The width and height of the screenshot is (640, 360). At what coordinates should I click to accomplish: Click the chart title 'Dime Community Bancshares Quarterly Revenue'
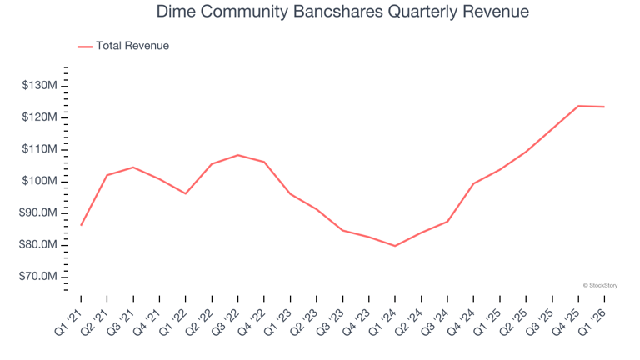320,12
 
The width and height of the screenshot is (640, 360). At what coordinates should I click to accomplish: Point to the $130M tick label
39,86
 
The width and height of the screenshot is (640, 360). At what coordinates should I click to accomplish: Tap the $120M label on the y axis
39,117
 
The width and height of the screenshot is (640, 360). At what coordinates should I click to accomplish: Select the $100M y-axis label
39,181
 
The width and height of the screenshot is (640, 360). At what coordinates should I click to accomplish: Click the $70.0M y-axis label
39,277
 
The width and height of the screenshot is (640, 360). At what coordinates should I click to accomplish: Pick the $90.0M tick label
39,213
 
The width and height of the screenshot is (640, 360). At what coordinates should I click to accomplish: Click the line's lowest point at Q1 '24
395,246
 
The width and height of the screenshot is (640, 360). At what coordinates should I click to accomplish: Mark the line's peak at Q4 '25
578,106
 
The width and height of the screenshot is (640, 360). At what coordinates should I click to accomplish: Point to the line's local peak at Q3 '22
238,155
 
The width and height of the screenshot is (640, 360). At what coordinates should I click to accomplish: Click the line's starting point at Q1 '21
81,225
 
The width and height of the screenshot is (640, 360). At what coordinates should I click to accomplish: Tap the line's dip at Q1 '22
186,193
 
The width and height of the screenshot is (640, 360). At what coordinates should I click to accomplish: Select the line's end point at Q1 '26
604,107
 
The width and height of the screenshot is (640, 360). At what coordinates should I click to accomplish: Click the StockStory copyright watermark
600,285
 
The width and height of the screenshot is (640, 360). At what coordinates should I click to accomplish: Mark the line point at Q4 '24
473,183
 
